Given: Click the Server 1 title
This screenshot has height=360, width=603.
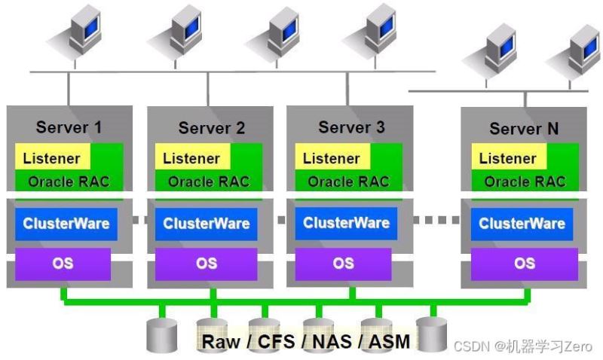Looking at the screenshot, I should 69,127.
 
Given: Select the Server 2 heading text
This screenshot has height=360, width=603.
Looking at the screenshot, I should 211,128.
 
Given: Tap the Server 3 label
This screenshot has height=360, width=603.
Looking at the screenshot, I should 351,127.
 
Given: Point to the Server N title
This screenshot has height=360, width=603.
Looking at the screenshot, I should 524,129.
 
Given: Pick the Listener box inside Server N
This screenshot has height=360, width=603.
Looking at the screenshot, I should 507,158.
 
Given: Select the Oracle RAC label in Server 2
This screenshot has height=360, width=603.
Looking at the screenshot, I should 209,182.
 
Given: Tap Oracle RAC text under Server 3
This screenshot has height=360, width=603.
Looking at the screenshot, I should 348,182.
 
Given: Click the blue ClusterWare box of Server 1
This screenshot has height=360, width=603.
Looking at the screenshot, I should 66,224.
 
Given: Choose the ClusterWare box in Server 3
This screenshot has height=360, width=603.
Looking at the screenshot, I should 346,223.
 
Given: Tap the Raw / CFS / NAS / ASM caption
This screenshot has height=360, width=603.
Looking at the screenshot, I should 305,341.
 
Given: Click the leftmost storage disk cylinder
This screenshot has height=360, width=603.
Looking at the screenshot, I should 161,334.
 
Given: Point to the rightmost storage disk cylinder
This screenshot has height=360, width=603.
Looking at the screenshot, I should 432,332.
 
